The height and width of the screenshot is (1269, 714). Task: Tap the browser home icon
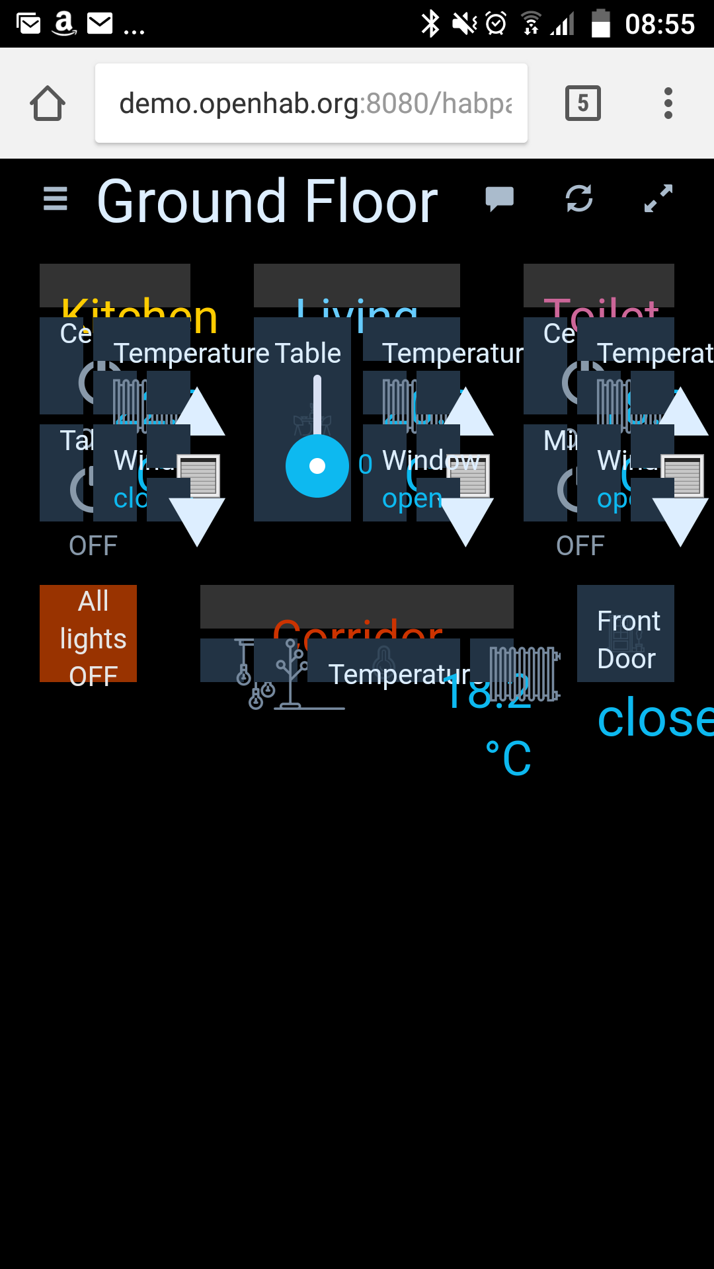click(48, 104)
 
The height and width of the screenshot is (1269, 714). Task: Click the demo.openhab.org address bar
click(311, 103)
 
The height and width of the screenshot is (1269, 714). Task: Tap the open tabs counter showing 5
click(582, 103)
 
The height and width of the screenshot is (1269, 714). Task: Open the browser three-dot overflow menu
click(668, 103)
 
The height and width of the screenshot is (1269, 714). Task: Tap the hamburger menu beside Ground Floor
click(56, 198)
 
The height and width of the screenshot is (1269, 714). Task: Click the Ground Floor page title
click(267, 201)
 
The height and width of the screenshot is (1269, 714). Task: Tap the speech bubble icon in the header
click(500, 198)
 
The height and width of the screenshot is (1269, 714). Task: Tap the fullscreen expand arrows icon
click(658, 198)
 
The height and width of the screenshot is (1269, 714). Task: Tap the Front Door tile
click(625, 633)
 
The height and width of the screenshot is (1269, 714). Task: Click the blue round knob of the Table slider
click(317, 466)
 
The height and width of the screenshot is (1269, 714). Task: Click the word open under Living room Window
click(412, 498)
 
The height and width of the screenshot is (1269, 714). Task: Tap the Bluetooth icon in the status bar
click(430, 24)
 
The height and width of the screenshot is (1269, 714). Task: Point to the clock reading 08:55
click(659, 24)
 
